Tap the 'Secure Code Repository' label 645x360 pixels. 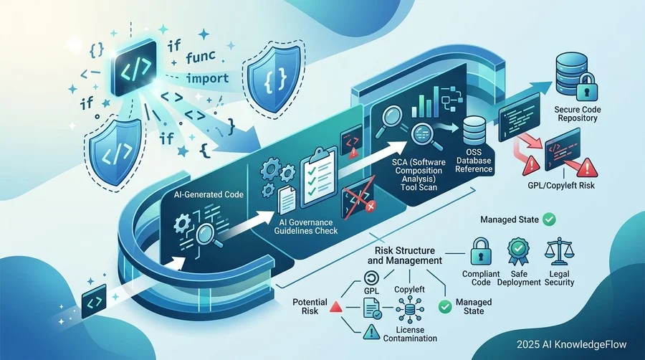[578, 114]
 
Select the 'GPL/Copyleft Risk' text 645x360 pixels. [561, 186]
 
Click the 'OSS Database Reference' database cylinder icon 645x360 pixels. [474, 131]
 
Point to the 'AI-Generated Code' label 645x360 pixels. [209, 194]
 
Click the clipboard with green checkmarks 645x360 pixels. [318, 177]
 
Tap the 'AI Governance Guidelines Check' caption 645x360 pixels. [305, 227]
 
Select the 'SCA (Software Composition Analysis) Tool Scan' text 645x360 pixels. [419, 174]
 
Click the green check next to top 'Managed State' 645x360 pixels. [549, 219]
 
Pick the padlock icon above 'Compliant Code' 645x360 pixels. [481, 252]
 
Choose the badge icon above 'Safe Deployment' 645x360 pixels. [518, 252]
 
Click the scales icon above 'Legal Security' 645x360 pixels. [559, 252]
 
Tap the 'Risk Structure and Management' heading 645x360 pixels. [404, 255]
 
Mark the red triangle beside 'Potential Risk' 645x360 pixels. [336, 307]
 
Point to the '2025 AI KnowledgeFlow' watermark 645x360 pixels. [571, 344]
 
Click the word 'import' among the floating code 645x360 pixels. [208, 78]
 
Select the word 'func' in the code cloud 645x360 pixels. [201, 57]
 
